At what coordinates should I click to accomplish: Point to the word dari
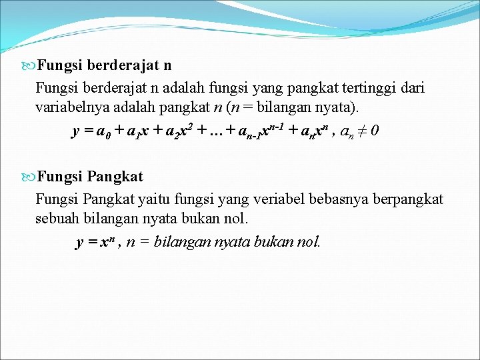[x=411, y=87]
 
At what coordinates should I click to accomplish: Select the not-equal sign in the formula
[x=363, y=131]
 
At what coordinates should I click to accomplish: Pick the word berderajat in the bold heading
[x=121, y=65]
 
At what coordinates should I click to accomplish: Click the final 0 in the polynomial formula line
[x=376, y=131]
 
